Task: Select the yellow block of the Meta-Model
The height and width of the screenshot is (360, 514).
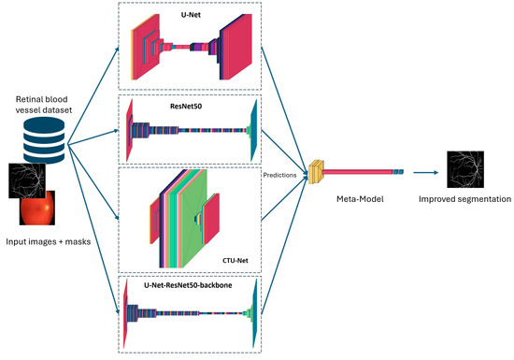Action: coord(316,170)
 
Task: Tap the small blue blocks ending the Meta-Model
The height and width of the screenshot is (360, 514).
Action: coord(397,171)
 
